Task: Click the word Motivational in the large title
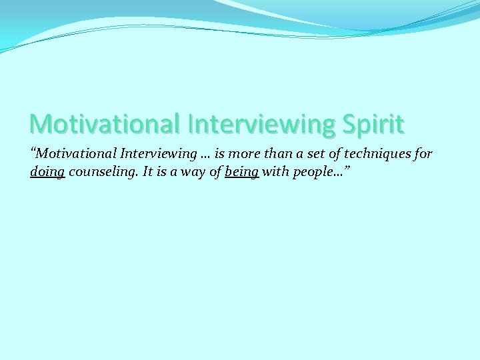tap(105, 124)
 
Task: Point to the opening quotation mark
tap(33, 151)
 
